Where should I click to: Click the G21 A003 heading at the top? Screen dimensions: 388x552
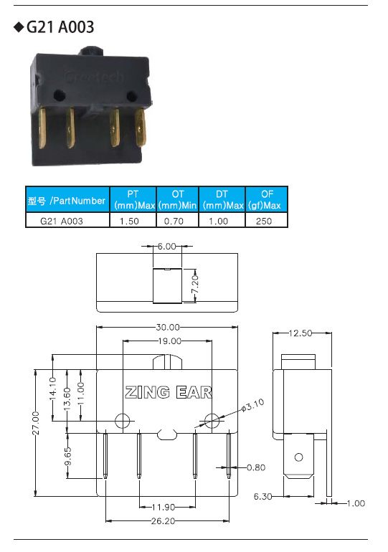click(60, 27)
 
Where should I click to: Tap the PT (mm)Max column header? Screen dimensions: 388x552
click(133, 199)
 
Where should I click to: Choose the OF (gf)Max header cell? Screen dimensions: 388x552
click(267, 199)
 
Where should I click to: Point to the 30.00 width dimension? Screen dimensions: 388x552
click(168, 328)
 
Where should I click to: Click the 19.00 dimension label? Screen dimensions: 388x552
click(170, 341)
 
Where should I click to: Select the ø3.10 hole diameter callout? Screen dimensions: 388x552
click(252, 406)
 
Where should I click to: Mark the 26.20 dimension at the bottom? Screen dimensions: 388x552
click(163, 521)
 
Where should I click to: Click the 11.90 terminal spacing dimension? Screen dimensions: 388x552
click(164, 508)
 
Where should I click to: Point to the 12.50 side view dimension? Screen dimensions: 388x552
click(301, 333)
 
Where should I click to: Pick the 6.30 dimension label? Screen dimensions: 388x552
click(263, 496)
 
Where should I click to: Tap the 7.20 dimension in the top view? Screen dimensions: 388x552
click(195, 285)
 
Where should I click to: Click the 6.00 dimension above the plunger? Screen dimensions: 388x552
click(166, 247)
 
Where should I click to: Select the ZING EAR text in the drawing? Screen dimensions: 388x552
click(169, 392)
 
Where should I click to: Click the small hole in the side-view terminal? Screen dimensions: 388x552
click(298, 457)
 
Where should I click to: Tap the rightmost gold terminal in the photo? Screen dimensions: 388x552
click(141, 127)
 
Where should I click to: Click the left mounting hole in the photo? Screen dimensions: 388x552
click(59, 95)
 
